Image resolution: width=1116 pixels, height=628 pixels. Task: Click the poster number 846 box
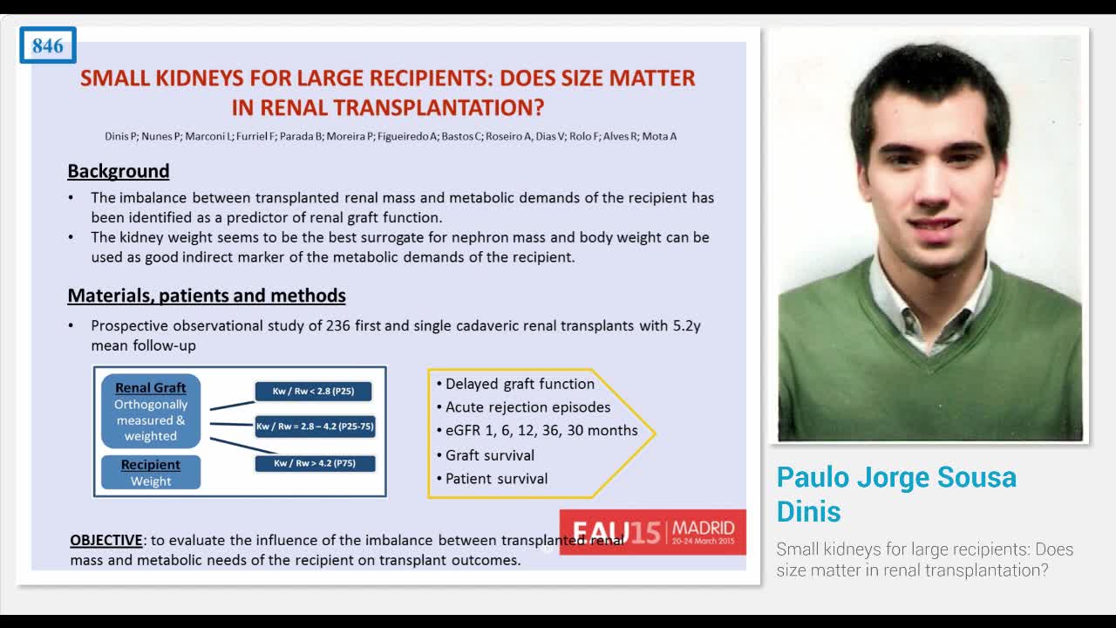click(x=48, y=45)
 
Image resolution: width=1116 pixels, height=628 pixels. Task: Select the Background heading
click(x=119, y=171)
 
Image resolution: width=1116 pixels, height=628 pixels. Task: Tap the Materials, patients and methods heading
click(x=207, y=296)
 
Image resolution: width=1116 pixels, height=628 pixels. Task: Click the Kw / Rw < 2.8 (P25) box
click(x=313, y=392)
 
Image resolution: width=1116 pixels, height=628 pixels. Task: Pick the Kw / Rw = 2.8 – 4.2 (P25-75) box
click(x=315, y=427)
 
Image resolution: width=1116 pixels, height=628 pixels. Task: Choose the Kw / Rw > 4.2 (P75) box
click(x=315, y=463)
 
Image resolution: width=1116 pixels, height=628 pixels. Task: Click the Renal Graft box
click(x=151, y=412)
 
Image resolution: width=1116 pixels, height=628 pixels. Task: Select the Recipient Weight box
click(x=151, y=473)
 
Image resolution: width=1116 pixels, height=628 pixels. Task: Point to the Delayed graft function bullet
click(x=521, y=384)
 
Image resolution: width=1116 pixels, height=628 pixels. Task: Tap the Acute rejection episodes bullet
click(x=528, y=407)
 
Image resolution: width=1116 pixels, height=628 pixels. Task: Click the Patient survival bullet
click(x=497, y=479)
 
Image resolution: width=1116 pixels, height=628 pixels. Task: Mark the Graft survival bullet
click(x=490, y=455)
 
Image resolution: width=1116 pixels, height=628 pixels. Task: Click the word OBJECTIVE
click(x=106, y=541)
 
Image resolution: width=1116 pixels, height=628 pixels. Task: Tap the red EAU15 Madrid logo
click(x=652, y=531)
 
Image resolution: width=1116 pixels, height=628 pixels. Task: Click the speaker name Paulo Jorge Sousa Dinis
click(x=896, y=493)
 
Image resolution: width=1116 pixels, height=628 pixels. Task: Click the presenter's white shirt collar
click(x=898, y=301)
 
